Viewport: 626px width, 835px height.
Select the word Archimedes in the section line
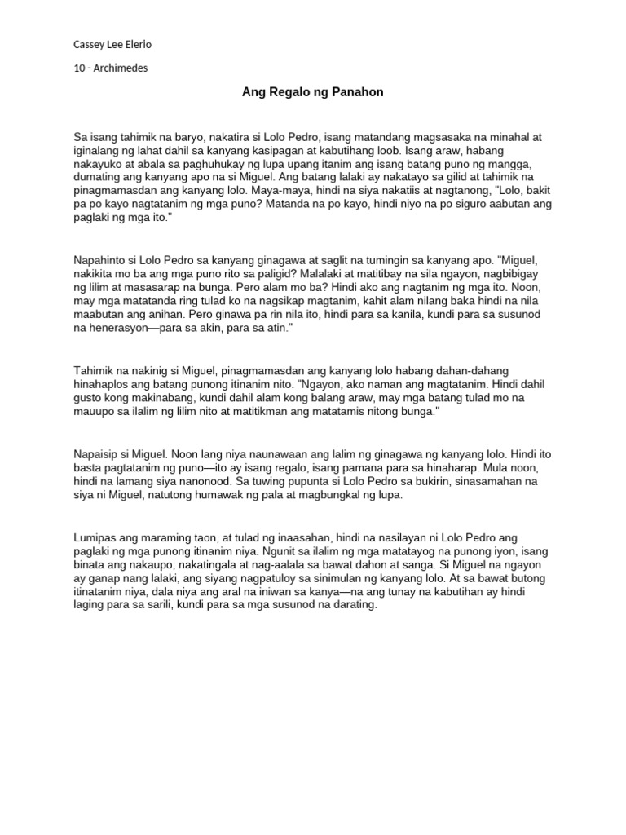(120, 68)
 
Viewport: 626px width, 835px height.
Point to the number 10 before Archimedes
(79, 68)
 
